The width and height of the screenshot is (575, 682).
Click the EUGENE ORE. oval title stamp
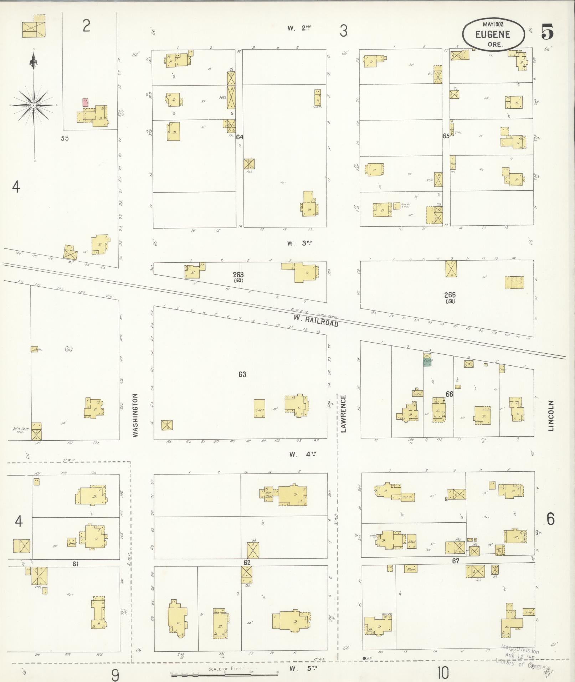493,35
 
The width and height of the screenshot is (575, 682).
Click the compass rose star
33,106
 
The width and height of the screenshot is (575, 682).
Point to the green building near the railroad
427,362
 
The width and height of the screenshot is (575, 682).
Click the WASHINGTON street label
135,415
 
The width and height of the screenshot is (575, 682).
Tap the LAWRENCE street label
344,414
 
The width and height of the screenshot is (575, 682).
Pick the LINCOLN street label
551,416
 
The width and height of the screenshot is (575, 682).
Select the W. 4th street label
303,454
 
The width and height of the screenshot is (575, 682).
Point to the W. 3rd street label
300,243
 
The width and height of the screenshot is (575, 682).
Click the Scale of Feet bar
225,674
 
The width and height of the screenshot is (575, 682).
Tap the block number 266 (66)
450,297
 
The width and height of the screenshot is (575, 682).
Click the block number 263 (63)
238,277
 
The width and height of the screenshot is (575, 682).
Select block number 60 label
69,349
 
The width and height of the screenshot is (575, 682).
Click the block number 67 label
456,561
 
